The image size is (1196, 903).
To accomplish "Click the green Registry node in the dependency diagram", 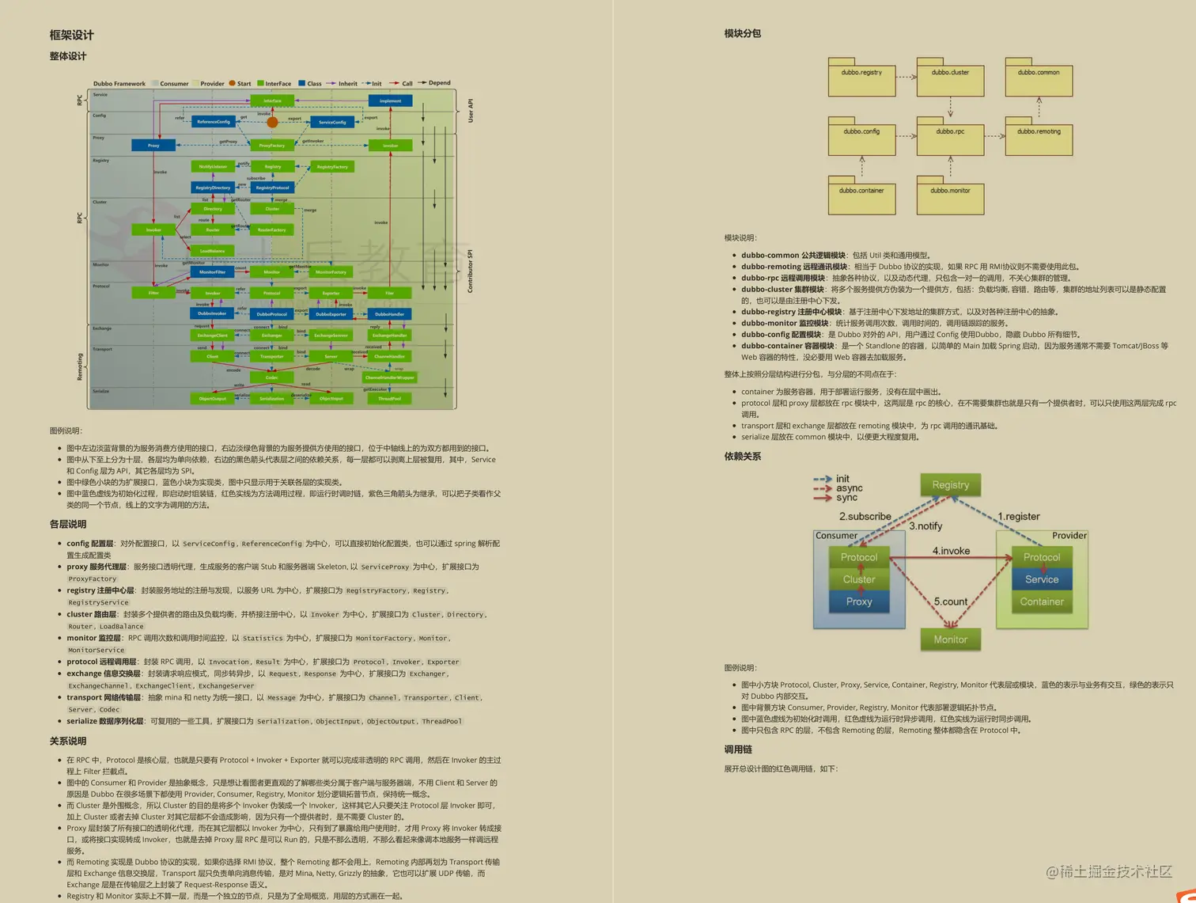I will (x=950, y=485).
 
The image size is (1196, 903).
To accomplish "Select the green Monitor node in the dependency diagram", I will (x=950, y=639).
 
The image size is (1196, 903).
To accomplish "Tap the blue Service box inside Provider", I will (x=1042, y=579).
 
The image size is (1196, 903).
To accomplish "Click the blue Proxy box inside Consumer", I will (x=859, y=601).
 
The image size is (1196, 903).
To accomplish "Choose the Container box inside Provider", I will (x=1042, y=601).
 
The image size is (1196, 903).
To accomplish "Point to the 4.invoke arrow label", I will (x=951, y=551).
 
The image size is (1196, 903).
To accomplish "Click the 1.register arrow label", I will (x=1019, y=516).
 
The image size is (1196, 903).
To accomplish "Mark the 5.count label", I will (x=951, y=601).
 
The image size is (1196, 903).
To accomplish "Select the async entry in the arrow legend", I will (x=849, y=488).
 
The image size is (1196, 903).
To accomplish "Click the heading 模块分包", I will (x=742, y=33).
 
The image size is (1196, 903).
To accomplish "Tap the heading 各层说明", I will (x=68, y=524).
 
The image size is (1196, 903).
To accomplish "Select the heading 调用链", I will (x=738, y=749).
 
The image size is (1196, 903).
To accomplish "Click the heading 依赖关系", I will (x=742, y=456).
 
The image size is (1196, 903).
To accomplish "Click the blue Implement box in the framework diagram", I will (x=390, y=101).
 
